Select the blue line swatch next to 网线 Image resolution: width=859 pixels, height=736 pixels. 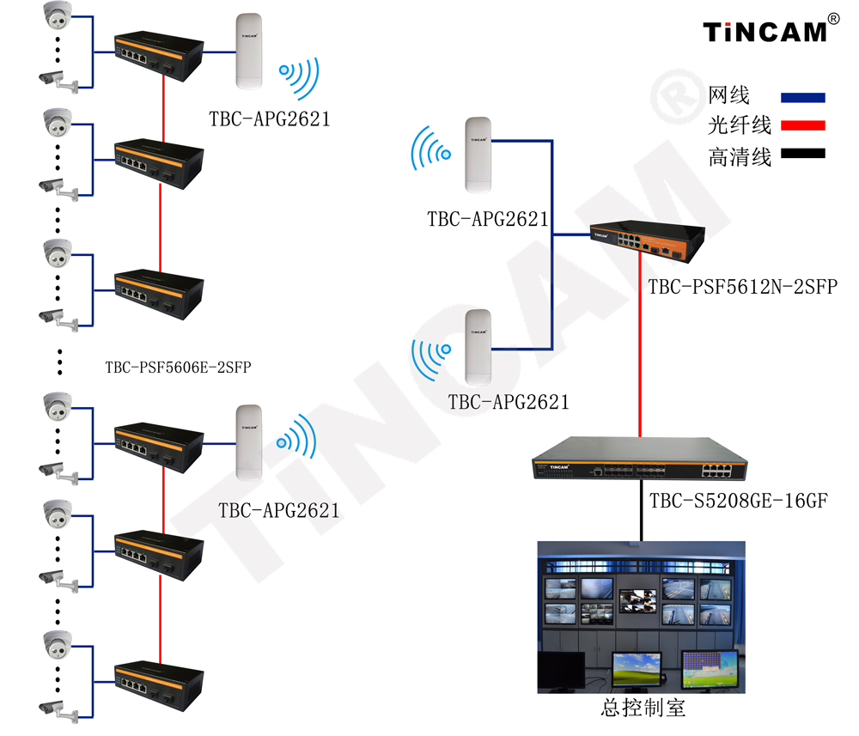(802, 98)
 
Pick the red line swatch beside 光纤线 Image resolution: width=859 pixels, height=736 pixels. (802, 125)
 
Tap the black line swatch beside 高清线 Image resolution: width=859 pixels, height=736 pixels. (802, 154)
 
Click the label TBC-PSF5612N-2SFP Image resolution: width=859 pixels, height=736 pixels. (743, 286)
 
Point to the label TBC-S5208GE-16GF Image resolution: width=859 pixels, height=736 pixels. (739, 500)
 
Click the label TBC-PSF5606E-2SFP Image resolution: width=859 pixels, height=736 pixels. (178, 367)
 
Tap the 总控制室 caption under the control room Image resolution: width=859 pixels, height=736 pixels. (643, 708)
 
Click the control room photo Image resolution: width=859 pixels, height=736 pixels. (641, 617)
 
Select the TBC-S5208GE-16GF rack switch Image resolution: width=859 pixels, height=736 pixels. (639, 459)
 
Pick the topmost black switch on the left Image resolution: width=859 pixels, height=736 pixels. (159, 56)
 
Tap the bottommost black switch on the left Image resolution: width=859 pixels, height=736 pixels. (159, 686)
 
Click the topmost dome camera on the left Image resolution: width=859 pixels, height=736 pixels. (58, 15)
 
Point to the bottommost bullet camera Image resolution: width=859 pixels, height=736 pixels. (58, 709)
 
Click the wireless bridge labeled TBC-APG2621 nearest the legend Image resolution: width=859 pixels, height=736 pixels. (478, 155)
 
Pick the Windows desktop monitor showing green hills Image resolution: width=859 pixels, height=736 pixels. (636, 670)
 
